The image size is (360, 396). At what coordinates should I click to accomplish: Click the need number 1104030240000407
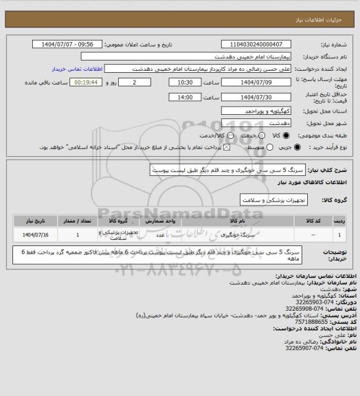[262, 44]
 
